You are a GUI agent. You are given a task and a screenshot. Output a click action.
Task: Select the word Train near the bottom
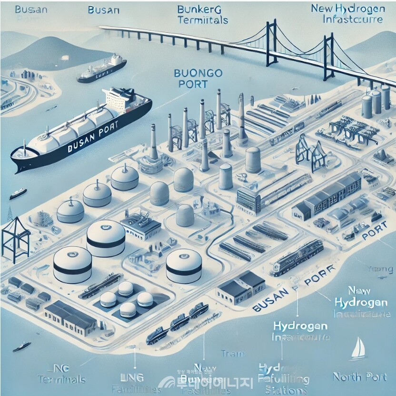(x=233, y=354)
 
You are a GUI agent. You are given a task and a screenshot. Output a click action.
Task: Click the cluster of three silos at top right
(x=372, y=102)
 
